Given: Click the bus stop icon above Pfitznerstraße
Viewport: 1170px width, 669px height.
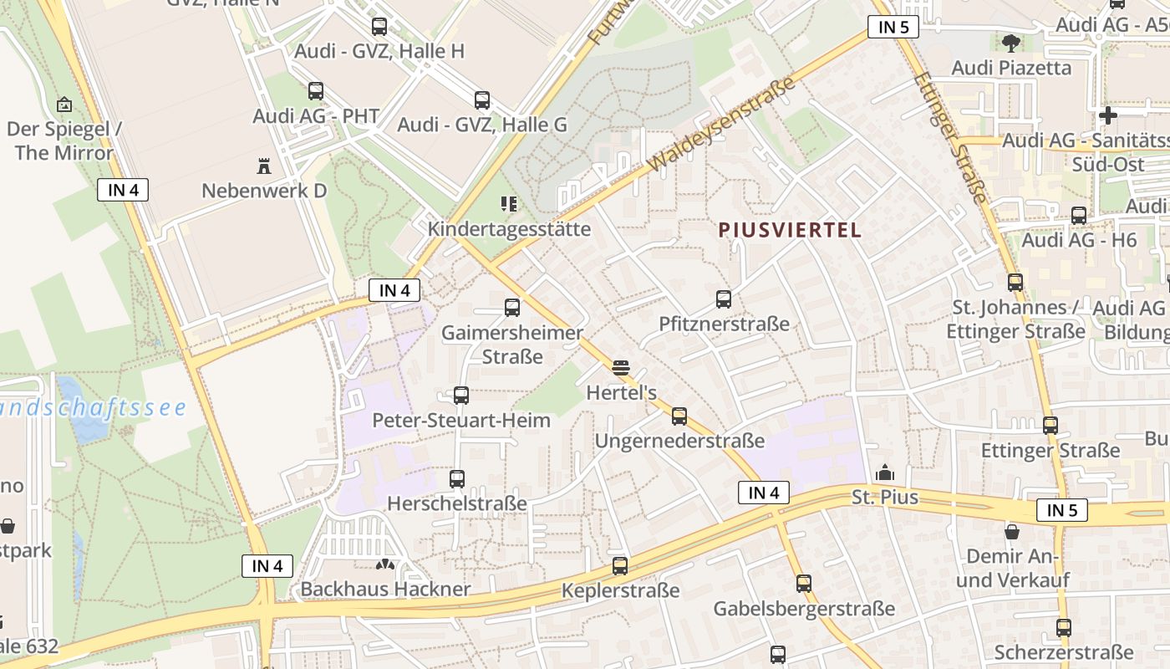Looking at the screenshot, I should (x=724, y=299).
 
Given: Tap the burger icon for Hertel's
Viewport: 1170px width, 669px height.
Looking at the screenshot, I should (x=620, y=367).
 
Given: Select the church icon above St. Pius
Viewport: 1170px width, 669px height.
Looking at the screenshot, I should (x=884, y=473).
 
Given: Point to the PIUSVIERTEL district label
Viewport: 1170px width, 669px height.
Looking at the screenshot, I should (x=791, y=230).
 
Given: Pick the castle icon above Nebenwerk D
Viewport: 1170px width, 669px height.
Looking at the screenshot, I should (x=264, y=166).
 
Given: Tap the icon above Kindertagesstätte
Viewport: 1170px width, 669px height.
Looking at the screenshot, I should (x=508, y=204).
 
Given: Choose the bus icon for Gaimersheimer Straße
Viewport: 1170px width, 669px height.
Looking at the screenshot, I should (x=512, y=307).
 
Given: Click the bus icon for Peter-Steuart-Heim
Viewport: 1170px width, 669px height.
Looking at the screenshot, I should (x=460, y=395).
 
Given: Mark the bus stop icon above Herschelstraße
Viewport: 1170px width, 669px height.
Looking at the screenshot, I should (x=456, y=478).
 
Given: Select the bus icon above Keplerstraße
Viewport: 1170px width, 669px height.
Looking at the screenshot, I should (x=620, y=565).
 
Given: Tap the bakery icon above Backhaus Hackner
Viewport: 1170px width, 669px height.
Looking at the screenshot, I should (x=385, y=564).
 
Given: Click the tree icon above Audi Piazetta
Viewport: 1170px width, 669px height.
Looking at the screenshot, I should (x=1010, y=42).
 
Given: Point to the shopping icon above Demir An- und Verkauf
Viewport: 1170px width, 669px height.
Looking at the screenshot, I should (x=1012, y=531).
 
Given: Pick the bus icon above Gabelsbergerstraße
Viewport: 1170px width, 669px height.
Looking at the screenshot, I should (x=804, y=583).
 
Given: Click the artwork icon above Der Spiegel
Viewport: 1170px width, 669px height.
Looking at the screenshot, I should (x=64, y=105).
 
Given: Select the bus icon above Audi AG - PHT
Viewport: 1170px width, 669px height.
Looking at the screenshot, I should (x=316, y=90).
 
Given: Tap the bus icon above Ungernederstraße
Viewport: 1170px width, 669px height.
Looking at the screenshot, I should (x=679, y=416).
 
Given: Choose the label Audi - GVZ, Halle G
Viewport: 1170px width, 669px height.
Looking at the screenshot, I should (x=482, y=125).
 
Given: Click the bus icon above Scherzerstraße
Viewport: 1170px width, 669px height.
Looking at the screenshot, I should (x=1063, y=627).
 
